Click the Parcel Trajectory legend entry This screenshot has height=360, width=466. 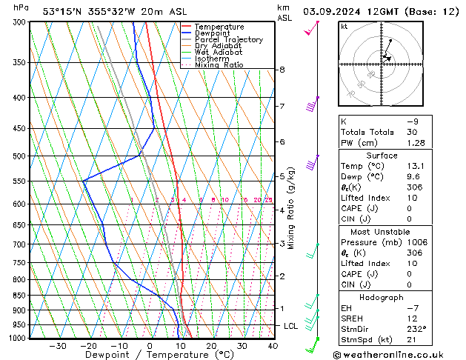[x=228, y=39]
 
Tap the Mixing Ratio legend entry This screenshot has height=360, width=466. [x=219, y=65]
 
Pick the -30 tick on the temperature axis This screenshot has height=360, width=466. [x=57, y=345]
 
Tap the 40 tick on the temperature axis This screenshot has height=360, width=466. [x=273, y=345]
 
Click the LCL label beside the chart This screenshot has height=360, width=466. [x=291, y=326]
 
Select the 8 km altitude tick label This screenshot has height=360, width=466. [x=282, y=70]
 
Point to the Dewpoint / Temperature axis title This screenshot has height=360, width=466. [x=148, y=355]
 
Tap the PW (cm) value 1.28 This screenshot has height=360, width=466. [x=416, y=143]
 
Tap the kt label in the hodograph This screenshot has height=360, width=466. [x=344, y=26]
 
